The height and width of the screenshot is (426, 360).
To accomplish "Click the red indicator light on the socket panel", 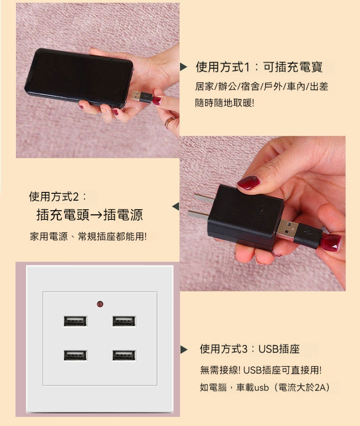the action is [100, 304].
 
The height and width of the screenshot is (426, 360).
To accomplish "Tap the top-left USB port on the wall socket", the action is [76, 321].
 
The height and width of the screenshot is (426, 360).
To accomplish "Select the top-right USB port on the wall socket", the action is [124, 321].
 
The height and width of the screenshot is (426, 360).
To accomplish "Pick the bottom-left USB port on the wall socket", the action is [76, 355].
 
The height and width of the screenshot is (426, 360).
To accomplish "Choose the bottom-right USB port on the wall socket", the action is [124, 355].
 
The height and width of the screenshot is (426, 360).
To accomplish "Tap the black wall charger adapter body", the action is [244, 215].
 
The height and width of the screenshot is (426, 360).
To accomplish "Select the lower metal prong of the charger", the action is [198, 214].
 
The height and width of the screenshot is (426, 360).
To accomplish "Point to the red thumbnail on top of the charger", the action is [248, 182].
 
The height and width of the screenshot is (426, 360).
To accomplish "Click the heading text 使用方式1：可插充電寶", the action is [259, 67].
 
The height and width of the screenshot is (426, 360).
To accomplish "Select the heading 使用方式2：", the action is [57, 197].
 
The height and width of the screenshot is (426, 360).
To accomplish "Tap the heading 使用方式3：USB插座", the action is [250, 349].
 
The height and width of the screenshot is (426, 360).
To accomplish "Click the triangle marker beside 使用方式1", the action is [184, 67].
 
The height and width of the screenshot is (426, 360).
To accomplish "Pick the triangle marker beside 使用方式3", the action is [184, 349].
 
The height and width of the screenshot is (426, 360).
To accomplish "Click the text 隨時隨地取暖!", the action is [225, 103].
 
